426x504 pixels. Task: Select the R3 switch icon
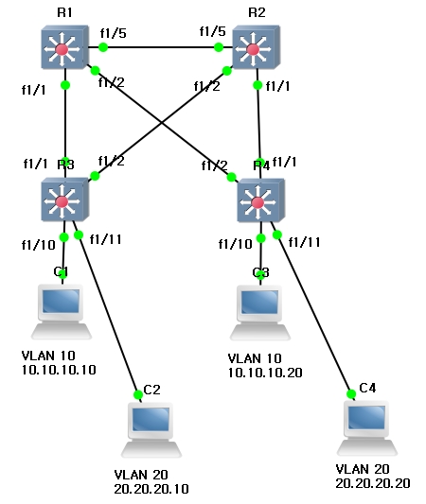tap(63, 200)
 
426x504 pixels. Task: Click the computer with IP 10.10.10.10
tap(62, 311)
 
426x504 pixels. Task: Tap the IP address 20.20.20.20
tap(372, 482)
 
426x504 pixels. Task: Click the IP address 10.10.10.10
tap(58, 371)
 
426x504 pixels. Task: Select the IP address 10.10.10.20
tap(265, 373)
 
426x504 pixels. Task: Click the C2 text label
tap(151, 389)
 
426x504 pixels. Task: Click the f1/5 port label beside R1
tap(113, 32)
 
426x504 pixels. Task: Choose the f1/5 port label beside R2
tap(211, 32)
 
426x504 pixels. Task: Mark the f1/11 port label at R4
tap(304, 242)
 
